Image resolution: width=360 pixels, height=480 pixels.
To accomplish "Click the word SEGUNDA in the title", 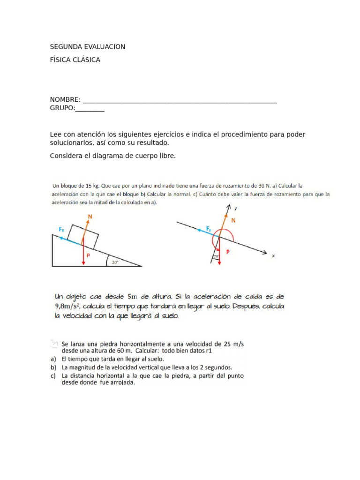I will coord(67,47).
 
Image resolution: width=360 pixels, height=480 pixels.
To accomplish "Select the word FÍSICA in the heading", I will coord(61,60).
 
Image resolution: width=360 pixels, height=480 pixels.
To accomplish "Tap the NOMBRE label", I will coord(65,100).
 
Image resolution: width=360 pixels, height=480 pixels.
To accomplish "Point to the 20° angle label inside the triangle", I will coord(115,262).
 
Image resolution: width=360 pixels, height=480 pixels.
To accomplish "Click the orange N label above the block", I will coord(90,216).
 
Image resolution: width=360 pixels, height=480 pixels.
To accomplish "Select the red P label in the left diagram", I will coord(88,256).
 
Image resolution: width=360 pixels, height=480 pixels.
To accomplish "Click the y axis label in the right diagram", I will coord(235,208).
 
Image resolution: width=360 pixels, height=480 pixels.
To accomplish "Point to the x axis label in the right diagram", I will coord(273,255).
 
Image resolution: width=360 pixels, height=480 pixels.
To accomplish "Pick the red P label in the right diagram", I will coord(228,252).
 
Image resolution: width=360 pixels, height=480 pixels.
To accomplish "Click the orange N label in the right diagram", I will coord(233,219).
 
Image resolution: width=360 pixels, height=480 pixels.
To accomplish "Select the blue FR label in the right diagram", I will coord(209,229).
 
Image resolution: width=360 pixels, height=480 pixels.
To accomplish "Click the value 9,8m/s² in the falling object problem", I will coord(70,307).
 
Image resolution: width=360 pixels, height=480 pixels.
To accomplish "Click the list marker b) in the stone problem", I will coord(53,367).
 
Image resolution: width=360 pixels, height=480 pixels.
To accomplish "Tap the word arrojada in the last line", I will coord(121,382).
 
